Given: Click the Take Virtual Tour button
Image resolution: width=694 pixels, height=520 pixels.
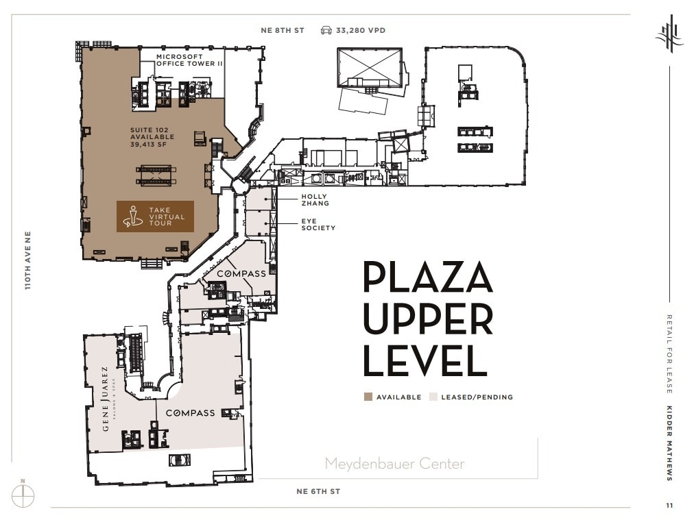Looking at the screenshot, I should pos(155,216).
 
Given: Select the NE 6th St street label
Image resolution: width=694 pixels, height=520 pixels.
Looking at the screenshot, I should pos(318,491).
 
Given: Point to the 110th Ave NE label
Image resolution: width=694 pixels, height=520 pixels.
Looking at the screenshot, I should pos(28,260).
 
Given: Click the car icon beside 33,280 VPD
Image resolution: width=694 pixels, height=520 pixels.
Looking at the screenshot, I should pos(326,30).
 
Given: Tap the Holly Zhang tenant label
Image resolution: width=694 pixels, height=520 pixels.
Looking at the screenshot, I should pos(315,200).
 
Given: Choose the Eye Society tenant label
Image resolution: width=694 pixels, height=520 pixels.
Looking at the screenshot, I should pos(318,225).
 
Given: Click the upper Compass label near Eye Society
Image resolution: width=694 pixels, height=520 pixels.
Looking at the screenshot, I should pos(241,273).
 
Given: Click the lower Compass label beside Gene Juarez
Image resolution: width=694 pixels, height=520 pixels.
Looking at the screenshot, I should pos(190,413).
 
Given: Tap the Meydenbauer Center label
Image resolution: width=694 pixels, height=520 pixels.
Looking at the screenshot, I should pos(394,464).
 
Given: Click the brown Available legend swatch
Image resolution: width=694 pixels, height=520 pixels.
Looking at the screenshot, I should pos(368,397).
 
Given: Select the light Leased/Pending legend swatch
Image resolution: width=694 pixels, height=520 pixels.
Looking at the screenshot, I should pos(433,397).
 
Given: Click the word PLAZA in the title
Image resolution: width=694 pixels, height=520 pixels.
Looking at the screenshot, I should pos(427,277).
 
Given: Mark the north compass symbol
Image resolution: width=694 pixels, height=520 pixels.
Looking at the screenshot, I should pos(23,495).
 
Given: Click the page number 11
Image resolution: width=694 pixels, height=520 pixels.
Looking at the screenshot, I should pos(669,506).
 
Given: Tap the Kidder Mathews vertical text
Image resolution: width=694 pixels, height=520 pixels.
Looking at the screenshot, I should pos(669,444).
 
